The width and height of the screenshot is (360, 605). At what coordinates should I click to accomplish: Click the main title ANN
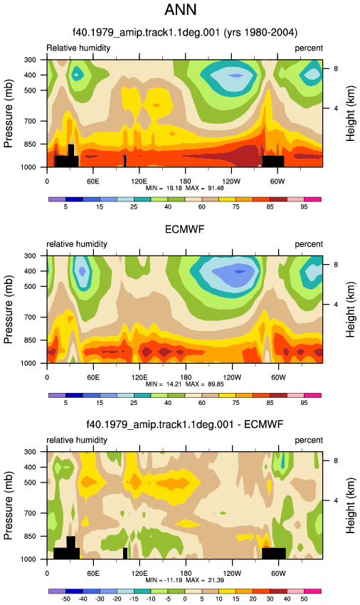(x=181, y=10)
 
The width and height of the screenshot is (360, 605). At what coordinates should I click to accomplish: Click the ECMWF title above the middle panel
(x=184, y=230)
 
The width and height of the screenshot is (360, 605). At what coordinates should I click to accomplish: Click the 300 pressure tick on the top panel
(x=31, y=60)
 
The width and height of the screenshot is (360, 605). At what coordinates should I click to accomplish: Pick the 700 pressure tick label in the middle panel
(x=31, y=317)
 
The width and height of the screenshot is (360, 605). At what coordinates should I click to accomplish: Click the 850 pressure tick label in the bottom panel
(x=31, y=537)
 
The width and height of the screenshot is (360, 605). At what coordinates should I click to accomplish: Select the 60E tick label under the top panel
(x=93, y=181)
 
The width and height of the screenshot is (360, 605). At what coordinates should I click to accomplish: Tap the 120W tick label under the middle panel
(x=232, y=377)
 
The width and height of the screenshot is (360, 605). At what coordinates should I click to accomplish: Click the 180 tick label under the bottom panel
(x=186, y=573)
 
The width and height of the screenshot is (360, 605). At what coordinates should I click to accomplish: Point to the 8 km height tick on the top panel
(x=336, y=68)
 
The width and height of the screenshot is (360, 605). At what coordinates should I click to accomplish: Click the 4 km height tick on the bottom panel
(x=336, y=500)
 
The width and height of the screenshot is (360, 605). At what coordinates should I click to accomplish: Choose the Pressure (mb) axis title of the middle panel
(x=8, y=310)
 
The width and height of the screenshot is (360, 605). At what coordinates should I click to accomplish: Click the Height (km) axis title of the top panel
(x=350, y=113)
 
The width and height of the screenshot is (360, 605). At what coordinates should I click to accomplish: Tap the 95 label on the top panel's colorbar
(x=304, y=207)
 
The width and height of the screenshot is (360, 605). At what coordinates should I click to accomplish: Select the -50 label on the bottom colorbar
(x=65, y=599)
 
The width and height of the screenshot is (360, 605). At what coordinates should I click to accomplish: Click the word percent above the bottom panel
(x=309, y=441)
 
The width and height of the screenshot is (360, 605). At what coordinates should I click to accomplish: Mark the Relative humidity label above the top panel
(x=78, y=48)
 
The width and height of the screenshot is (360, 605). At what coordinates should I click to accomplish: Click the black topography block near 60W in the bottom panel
(x=274, y=553)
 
